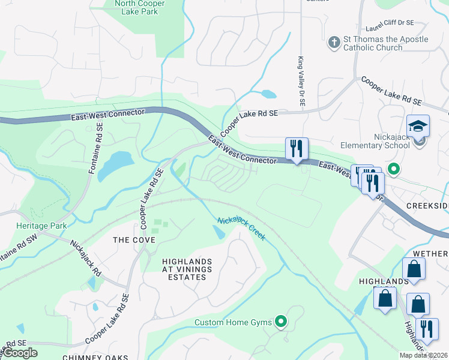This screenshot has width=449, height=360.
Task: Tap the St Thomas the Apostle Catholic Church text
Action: click(385, 43)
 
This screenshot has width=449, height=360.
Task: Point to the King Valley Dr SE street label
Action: click(301, 83)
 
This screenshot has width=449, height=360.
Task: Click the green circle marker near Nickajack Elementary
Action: click(393, 169)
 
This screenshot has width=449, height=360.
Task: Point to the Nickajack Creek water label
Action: click(241, 229)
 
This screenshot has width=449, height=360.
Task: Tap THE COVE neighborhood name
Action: click(134, 240)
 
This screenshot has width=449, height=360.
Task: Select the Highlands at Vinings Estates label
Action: click(187, 269)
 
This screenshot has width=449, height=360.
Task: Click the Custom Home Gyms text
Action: click(233, 323)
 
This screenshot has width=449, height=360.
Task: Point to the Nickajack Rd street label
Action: click(86, 254)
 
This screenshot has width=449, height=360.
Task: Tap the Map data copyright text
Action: click(423, 355)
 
